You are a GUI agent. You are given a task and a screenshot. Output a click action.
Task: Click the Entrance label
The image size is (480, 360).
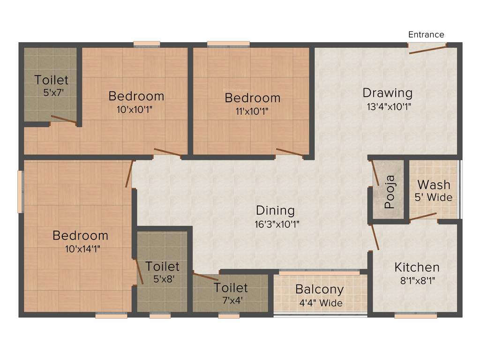click(426, 35)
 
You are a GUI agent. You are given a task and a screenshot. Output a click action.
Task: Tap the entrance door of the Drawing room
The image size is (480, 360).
click(427, 49)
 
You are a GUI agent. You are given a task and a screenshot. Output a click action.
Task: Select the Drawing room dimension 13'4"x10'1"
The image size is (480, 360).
click(389, 106)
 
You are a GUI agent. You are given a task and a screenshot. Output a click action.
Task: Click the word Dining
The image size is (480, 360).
click(275, 210)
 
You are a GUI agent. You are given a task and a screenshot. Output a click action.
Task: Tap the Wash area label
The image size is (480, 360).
click(434, 184)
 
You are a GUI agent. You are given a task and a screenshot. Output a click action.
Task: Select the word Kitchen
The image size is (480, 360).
click(417, 268)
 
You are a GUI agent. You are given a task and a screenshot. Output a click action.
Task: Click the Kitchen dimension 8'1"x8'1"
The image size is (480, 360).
click(417, 281)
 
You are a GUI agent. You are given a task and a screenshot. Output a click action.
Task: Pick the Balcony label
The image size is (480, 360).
click(319, 289)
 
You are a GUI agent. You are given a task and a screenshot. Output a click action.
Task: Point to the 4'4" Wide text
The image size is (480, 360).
click(321, 303)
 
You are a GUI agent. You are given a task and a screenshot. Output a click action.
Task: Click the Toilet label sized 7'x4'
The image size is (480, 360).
click(231, 287)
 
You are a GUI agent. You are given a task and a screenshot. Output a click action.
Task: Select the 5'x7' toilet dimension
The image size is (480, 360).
click(52, 93)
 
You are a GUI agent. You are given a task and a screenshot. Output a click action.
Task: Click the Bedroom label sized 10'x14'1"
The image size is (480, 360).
click(80, 235)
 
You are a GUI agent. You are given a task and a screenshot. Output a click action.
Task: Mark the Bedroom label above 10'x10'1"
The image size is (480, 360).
click(136, 96)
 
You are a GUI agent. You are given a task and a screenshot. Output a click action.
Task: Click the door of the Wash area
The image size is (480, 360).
click(423, 217)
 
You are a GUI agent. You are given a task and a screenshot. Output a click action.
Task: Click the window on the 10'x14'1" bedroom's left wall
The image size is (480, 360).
click(20, 191)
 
